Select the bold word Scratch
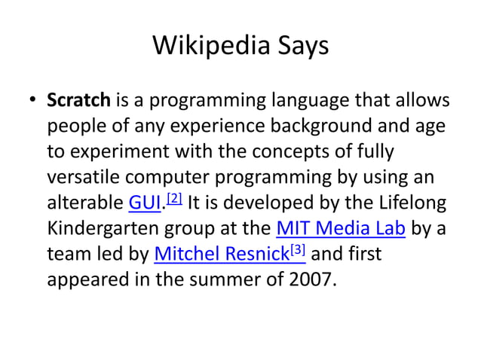coord(79,100)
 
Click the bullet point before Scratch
coord(33,101)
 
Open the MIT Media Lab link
coord(342,228)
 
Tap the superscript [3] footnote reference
coord(296,249)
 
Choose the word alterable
coord(84,202)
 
